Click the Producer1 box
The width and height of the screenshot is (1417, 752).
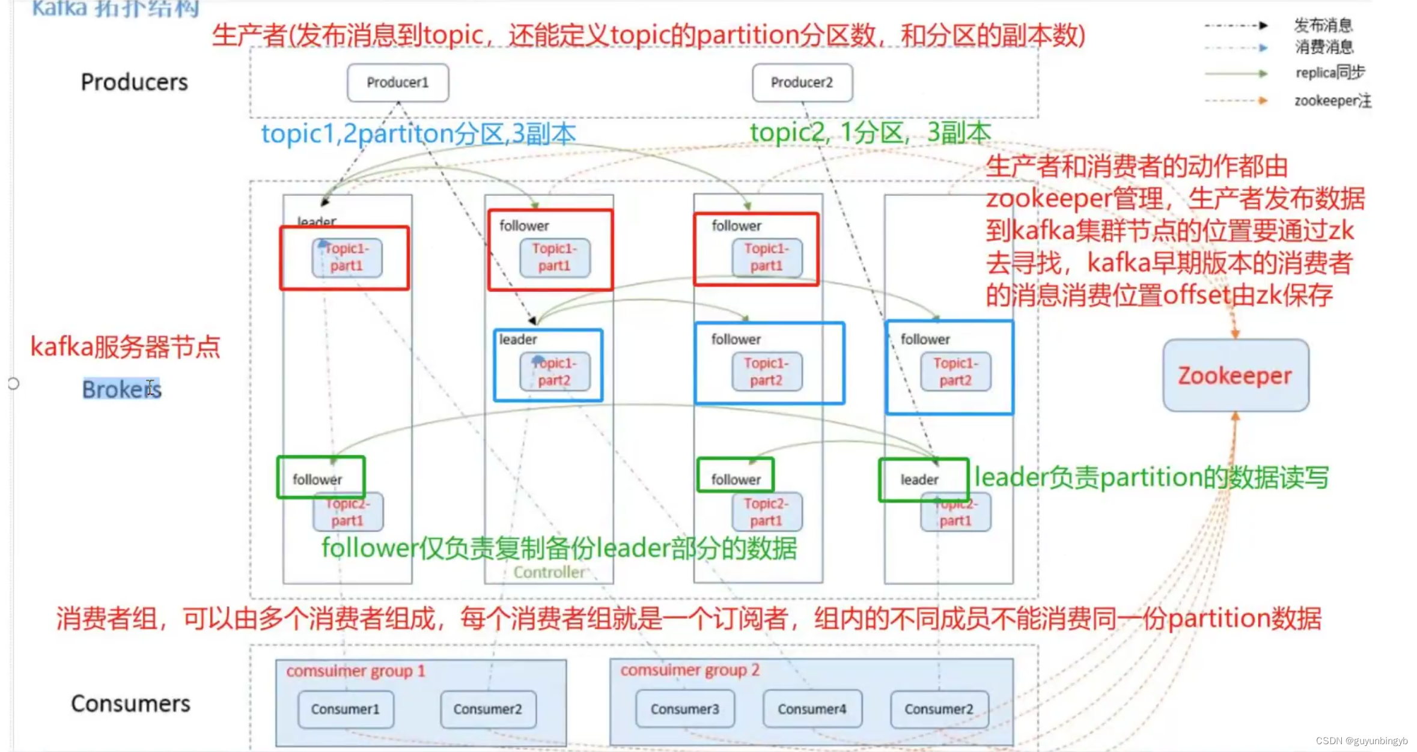[397, 82]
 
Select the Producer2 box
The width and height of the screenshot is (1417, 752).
[802, 82]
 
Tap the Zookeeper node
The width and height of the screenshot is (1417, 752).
[1235, 375]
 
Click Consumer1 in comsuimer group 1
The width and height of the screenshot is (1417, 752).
[345, 709]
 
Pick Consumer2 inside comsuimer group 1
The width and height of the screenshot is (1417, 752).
[487, 709]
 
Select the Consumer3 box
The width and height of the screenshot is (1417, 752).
[684, 709]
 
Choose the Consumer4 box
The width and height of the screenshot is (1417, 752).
[812, 709]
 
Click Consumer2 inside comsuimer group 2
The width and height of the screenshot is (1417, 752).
[939, 709]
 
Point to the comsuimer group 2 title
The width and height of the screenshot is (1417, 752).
[690, 670]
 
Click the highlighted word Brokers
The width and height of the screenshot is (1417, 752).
[122, 389]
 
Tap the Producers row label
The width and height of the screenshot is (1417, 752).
[134, 82]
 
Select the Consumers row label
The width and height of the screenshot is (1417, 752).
[130, 703]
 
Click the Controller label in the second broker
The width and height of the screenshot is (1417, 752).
[549, 572]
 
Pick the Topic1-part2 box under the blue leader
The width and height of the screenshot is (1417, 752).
[555, 372]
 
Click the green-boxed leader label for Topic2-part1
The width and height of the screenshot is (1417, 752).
[919, 479]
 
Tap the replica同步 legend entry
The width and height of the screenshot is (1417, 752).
[1330, 73]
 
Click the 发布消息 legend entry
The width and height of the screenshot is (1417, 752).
[1323, 25]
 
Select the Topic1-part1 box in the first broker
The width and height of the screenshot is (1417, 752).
[347, 258]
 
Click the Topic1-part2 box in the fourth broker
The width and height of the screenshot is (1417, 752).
[955, 372]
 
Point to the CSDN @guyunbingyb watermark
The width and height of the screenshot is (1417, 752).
[1361, 741]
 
